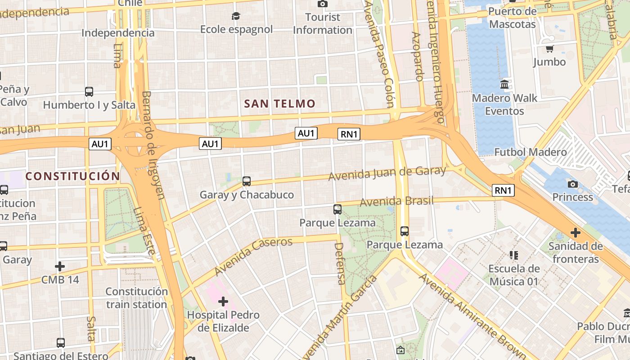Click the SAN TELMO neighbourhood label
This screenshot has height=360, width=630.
click(x=279, y=104)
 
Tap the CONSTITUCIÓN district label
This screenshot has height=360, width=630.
click(x=72, y=176)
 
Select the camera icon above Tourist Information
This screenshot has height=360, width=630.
click(x=322, y=4)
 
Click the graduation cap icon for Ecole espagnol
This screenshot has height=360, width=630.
click(x=236, y=17)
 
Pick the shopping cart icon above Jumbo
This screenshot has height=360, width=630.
click(x=549, y=49)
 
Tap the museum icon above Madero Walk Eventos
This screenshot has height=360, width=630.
click(x=504, y=84)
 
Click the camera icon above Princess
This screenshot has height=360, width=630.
click(x=573, y=184)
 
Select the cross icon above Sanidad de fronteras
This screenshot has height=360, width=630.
click(x=575, y=233)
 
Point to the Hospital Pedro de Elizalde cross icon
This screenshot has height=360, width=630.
click(x=223, y=301)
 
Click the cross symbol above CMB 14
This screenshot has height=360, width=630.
click(x=60, y=266)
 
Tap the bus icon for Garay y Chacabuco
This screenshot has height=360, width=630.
click(x=247, y=181)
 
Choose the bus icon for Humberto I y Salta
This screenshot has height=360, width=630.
click(x=89, y=92)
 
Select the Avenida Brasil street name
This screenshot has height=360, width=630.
click(x=396, y=201)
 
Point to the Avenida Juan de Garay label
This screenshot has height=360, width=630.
click(x=387, y=173)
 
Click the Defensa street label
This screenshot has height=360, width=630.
click(x=340, y=264)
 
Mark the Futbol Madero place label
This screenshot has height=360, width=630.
click(x=531, y=152)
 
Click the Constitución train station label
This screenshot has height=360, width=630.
click(x=137, y=298)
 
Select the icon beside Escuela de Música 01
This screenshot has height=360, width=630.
click(x=514, y=255)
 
